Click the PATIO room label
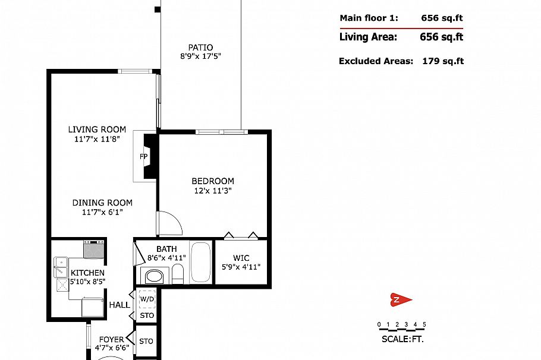point(200,48)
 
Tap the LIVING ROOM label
point(97,130)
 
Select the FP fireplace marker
point(143,157)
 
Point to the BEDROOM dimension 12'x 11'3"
point(212,191)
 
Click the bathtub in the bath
point(200,261)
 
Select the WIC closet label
point(241,258)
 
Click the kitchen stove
point(94,250)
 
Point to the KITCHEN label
point(87,273)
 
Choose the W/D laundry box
point(146,299)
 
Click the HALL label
point(119,305)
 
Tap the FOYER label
point(111,340)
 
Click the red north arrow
point(400,299)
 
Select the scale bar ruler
point(402,325)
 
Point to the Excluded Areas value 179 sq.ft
point(443,61)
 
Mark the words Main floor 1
point(369,18)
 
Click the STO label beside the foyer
point(146,341)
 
